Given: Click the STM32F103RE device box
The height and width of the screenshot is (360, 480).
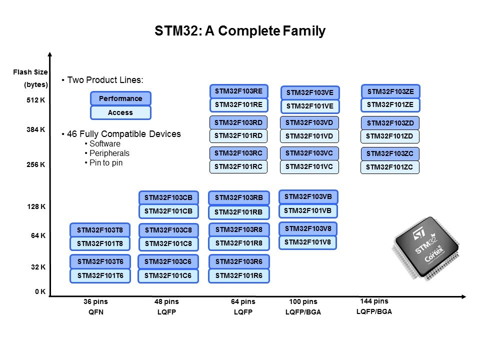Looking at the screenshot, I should (238, 91).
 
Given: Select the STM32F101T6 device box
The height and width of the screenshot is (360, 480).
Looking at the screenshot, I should (99, 275).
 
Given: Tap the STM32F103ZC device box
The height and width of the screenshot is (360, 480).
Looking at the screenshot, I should (389, 153).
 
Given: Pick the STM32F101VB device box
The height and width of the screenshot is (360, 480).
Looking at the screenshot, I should (307, 210).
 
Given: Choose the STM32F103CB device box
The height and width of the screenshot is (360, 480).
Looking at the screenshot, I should (168, 197).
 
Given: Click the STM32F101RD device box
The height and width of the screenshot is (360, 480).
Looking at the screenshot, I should (238, 136).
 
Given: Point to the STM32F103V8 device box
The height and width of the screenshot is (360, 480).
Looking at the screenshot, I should (307, 228).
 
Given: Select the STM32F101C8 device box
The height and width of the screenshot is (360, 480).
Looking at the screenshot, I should (168, 243).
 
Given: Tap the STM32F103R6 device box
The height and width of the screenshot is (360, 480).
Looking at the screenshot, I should (238, 261).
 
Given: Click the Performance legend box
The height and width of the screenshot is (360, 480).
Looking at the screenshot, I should (120, 98).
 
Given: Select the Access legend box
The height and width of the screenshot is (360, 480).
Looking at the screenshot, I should (120, 112).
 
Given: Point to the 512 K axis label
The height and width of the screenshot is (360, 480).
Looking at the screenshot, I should (36, 100).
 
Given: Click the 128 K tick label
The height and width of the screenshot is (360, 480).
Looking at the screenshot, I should (36, 206).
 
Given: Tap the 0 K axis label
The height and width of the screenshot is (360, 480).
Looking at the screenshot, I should (40, 291).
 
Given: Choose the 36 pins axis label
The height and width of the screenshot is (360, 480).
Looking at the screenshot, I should (95, 301).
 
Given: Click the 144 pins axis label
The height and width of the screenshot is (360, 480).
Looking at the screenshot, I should (374, 301).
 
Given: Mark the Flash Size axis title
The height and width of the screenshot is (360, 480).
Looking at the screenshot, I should (30, 72).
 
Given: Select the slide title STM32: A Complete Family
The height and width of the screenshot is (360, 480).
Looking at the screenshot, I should (240, 31).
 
